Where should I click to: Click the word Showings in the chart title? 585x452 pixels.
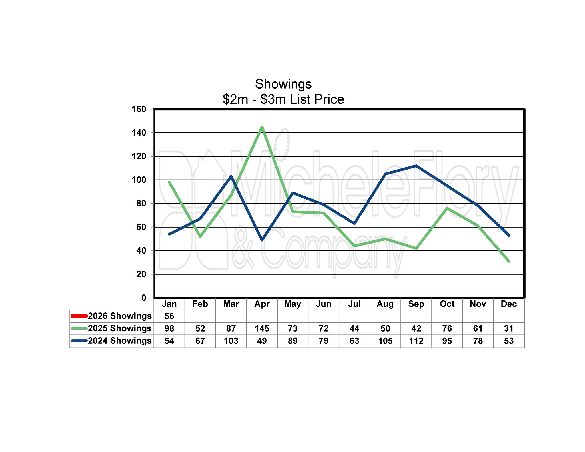(x=283, y=84)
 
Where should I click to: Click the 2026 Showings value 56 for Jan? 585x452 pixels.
(x=169, y=316)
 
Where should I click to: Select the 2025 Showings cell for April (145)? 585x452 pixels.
(x=262, y=328)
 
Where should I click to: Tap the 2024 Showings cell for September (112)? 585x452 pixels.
(x=416, y=341)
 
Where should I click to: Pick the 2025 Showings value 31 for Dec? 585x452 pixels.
(x=509, y=328)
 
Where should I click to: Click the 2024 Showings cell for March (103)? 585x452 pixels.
(x=231, y=341)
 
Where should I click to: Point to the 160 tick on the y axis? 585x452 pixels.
(x=139, y=109)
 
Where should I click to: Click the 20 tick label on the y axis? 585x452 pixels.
(x=141, y=274)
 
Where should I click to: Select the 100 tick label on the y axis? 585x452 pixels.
(x=139, y=180)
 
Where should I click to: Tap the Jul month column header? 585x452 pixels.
(x=354, y=304)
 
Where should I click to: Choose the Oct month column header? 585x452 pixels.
(x=447, y=304)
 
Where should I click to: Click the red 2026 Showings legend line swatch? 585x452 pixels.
(x=79, y=316)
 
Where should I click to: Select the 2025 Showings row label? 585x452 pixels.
(x=120, y=328)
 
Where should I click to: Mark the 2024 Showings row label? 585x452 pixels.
(x=120, y=341)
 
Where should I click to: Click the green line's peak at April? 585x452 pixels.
(x=262, y=127)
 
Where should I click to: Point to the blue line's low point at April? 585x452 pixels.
(x=262, y=240)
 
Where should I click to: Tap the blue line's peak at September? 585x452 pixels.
(x=416, y=166)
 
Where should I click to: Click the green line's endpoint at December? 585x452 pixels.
(x=509, y=261)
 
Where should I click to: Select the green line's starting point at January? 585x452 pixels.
(x=169, y=182)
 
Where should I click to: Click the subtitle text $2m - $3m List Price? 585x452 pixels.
(x=283, y=99)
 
